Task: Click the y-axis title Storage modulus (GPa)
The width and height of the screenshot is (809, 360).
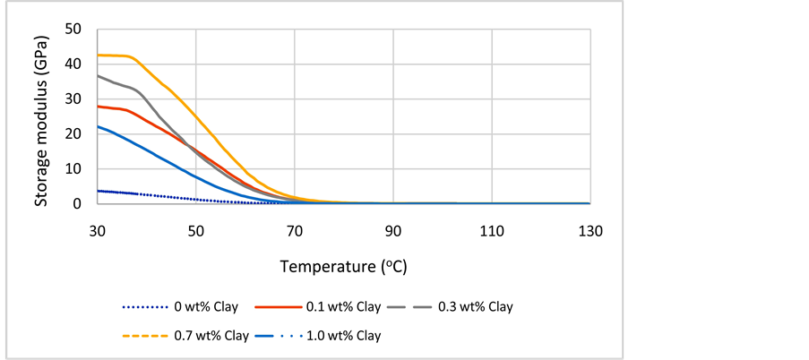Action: (x=42, y=116)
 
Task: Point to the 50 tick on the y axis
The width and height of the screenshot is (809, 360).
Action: (x=75, y=30)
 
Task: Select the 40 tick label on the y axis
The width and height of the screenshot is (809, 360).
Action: (x=75, y=64)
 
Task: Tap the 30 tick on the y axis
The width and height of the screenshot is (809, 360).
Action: (x=75, y=99)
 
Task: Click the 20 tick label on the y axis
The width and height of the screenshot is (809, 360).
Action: (x=75, y=134)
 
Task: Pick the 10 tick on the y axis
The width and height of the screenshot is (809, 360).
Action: (x=75, y=169)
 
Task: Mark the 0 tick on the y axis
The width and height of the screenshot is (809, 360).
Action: (x=80, y=204)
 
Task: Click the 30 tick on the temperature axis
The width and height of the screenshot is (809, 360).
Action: (x=98, y=230)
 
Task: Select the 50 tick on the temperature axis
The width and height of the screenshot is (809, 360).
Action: (x=196, y=230)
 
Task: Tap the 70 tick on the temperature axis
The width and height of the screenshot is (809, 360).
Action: (x=295, y=230)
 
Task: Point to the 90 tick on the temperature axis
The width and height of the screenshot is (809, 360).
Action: (x=393, y=230)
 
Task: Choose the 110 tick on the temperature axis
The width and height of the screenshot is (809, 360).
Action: (x=492, y=230)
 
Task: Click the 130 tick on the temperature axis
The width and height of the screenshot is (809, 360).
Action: (x=590, y=230)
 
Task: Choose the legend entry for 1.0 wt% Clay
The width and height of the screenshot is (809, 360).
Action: (x=341, y=336)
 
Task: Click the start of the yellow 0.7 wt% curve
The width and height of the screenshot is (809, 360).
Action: (x=99, y=56)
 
